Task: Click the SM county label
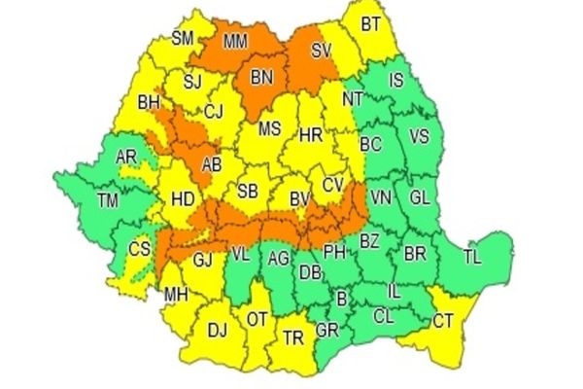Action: coord(183,39)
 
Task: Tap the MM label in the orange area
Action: coord(234,43)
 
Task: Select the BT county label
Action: coord(370,25)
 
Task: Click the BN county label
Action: coord(261,77)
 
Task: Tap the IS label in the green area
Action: coord(395,81)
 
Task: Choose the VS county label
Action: coord(419,135)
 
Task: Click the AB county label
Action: coord(212,165)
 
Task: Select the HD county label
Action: coord(182,200)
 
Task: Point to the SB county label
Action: coord(249,190)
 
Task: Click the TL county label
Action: coord(472,258)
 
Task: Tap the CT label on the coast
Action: coord(444,320)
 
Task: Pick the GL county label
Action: coord(419,196)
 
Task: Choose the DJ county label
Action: coord(217,331)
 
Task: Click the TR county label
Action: coord(292,337)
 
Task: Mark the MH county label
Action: coord(176,296)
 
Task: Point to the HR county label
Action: coord(311,134)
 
